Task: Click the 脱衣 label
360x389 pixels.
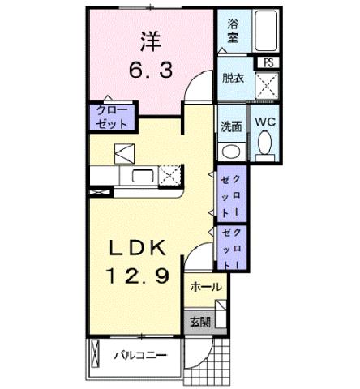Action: point(232,79)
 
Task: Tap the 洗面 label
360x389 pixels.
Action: point(231,126)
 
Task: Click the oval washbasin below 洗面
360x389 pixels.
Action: point(230,151)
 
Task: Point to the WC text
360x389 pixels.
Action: point(265,122)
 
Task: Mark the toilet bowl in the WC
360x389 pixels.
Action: point(265,146)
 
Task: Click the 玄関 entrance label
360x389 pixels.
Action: point(200,322)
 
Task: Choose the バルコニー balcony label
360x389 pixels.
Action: point(139,355)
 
